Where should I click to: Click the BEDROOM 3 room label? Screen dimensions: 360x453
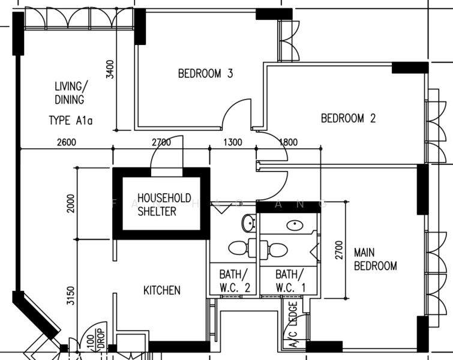pyautogui.click(x=205, y=74)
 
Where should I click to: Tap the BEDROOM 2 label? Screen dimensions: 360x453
pyautogui.click(x=348, y=118)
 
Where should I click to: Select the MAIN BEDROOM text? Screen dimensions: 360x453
pyautogui.click(x=375, y=259)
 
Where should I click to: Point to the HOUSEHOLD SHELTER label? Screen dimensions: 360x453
pyautogui.click(x=164, y=204)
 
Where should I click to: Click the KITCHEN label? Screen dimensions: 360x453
pyautogui.click(x=161, y=290)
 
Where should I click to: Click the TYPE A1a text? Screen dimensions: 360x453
pyautogui.click(x=70, y=121)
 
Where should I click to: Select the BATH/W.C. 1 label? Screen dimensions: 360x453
pyautogui.click(x=291, y=280)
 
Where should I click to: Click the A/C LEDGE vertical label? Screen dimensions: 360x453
pyautogui.click(x=293, y=327)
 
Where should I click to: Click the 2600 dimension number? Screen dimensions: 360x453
pyautogui.click(x=67, y=142)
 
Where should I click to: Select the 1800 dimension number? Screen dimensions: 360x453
pyautogui.click(x=288, y=142)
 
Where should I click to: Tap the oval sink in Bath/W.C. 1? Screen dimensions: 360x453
pyautogui.click(x=295, y=226)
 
